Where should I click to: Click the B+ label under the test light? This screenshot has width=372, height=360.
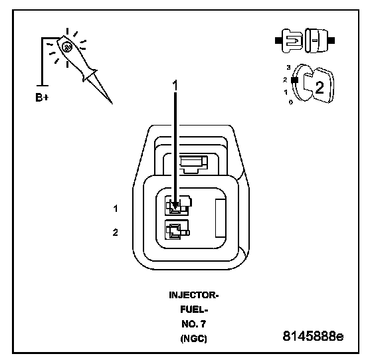point(42,97)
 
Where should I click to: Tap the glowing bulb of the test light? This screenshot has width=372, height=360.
point(66,47)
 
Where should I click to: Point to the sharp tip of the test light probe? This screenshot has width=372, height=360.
point(112,103)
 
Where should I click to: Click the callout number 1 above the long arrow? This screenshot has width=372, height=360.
point(175,86)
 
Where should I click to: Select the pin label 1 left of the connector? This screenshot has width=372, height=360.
point(116,209)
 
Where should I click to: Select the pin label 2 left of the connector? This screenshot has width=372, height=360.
point(116,232)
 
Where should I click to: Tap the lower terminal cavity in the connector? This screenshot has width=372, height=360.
point(177,230)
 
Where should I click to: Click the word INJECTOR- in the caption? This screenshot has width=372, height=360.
point(193,296)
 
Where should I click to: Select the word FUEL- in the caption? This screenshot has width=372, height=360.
point(194,310)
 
